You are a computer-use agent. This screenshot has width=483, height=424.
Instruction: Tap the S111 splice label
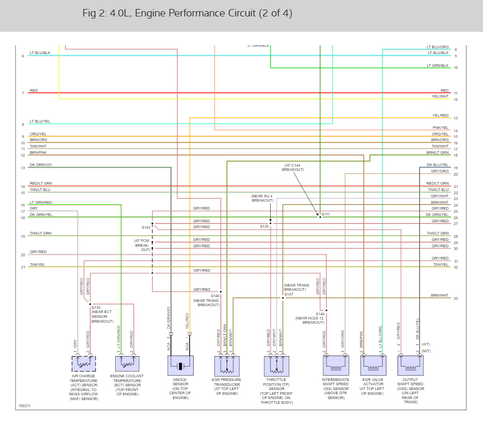(x=325, y=214)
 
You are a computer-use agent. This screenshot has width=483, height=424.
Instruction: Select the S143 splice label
(x=146, y=227)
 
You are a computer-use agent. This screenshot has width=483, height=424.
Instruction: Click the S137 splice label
(x=288, y=294)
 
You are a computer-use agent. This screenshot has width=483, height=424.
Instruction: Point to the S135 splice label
(x=264, y=227)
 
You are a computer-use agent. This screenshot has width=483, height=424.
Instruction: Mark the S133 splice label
(x=96, y=308)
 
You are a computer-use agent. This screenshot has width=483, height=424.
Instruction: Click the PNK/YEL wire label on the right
(x=441, y=128)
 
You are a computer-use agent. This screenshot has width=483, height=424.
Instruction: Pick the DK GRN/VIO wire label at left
(x=41, y=166)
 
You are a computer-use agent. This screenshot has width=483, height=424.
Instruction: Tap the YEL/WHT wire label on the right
(x=440, y=97)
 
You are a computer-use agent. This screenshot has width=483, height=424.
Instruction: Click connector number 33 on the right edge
(x=455, y=299)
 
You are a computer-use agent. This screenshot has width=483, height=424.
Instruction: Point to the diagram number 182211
(x=24, y=406)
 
